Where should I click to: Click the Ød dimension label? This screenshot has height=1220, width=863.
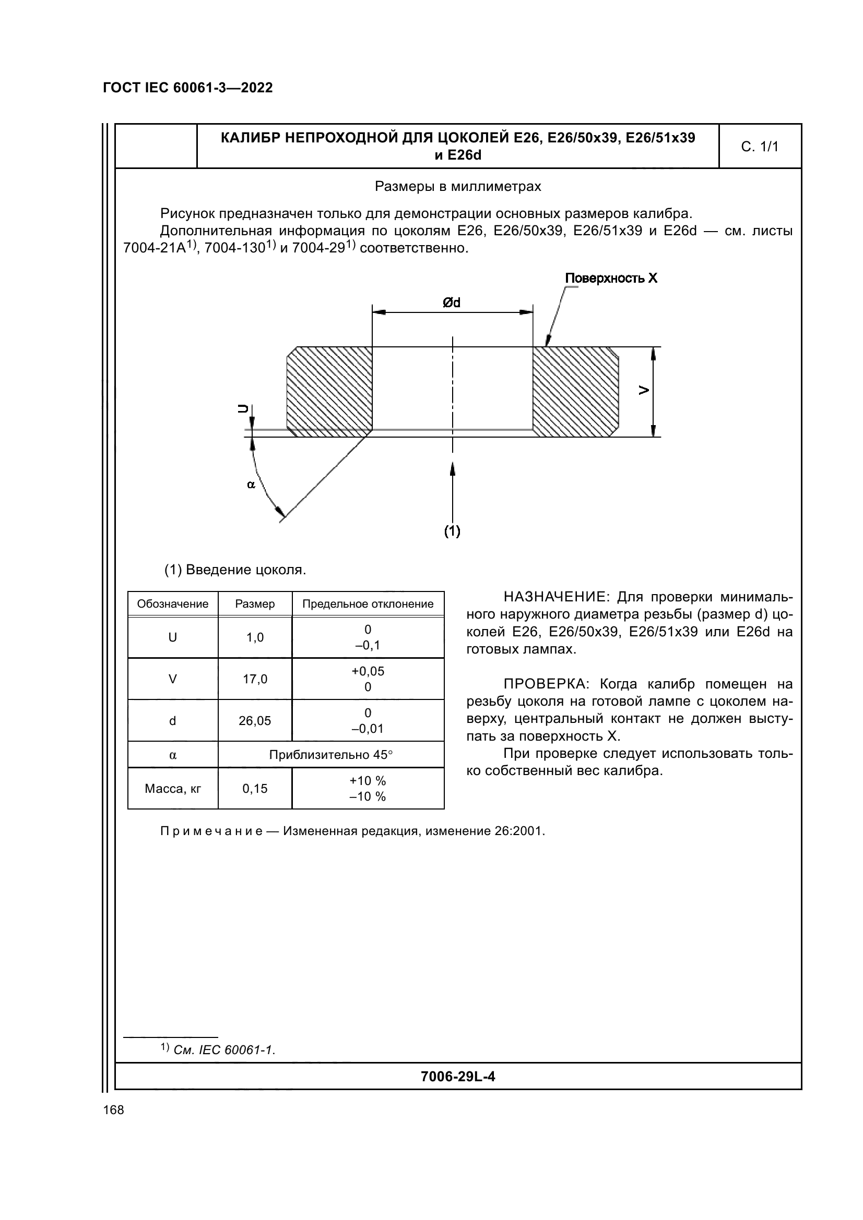[x=452, y=303]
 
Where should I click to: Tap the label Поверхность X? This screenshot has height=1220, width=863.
[x=611, y=279]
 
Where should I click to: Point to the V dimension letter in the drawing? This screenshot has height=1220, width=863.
[x=644, y=391]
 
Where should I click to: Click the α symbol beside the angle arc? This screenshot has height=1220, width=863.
[x=252, y=484]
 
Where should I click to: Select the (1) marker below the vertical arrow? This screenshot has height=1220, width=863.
[x=452, y=531]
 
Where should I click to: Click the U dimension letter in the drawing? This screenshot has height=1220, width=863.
[x=242, y=408]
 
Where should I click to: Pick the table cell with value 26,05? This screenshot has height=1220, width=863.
[x=255, y=721]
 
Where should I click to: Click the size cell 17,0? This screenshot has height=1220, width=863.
[x=255, y=679]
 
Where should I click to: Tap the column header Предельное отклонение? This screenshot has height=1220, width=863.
[x=368, y=604]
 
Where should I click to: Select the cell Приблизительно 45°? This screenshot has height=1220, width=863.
[x=330, y=755]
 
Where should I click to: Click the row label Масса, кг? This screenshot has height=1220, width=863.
[x=173, y=789]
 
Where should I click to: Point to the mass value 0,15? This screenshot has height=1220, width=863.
[x=255, y=789]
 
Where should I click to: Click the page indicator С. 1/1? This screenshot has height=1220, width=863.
[x=759, y=147]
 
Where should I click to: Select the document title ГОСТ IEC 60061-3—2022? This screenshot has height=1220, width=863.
[x=188, y=88]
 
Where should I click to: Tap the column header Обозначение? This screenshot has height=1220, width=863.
[x=173, y=604]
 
